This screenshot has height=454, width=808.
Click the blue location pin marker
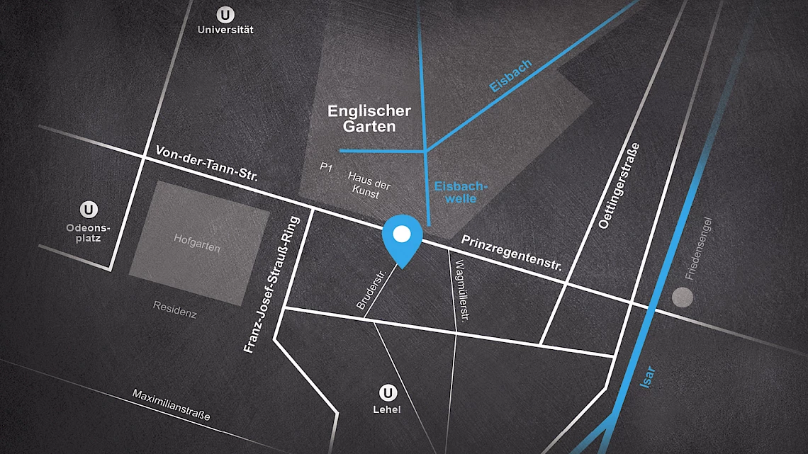402,237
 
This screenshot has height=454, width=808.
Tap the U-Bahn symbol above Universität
225,14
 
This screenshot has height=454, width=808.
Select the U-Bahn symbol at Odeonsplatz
89,210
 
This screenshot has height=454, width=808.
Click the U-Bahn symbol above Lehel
387,392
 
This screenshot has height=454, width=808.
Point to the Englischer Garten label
369,119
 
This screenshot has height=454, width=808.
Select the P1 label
326,167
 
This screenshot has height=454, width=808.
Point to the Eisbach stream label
510,76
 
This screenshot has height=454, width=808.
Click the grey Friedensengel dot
683,297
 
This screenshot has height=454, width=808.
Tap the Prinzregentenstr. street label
511,254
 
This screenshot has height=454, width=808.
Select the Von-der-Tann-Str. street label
201,166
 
